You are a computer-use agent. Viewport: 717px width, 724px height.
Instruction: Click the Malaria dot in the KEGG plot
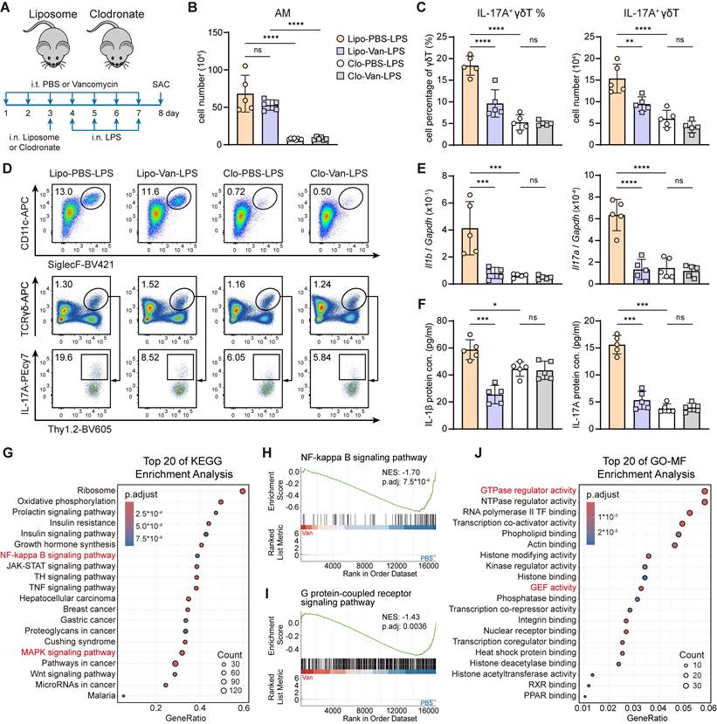[x=123, y=696]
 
